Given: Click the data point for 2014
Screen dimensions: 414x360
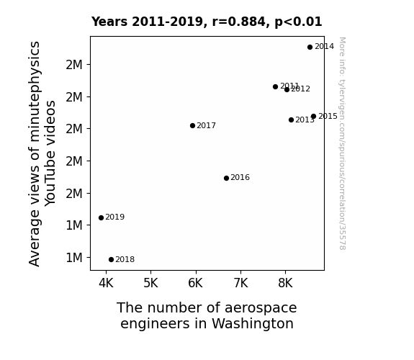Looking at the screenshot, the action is click(x=310, y=47).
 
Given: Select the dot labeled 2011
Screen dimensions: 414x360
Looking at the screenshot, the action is click(x=275, y=86).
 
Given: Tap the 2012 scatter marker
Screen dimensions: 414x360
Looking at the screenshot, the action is click(x=287, y=90).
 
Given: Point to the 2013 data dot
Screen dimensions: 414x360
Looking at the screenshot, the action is click(x=291, y=120).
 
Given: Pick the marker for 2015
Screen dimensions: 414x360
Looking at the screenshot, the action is click(x=313, y=116).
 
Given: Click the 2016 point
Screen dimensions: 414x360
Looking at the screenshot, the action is click(x=226, y=178).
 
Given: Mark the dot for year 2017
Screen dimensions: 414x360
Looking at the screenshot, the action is click(x=192, y=126).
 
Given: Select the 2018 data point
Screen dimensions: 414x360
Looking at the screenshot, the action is click(x=111, y=260).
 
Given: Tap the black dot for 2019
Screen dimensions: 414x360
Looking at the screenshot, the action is click(x=101, y=217).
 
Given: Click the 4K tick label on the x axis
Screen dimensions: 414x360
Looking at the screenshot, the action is click(x=106, y=283).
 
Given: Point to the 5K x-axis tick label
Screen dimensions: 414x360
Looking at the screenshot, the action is click(x=150, y=283).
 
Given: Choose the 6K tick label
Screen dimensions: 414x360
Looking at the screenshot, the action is click(x=195, y=283).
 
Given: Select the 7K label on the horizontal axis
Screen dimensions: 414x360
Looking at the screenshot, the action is click(x=240, y=283).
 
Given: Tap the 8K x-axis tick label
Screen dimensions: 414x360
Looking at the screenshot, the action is click(x=285, y=283).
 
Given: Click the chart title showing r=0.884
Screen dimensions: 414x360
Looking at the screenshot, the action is click(x=207, y=22).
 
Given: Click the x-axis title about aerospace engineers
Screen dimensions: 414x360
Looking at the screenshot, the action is click(x=207, y=315).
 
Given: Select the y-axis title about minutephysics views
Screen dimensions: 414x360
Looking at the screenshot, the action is click(x=42, y=153).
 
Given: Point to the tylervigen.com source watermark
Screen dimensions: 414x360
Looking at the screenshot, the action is click(x=342, y=143).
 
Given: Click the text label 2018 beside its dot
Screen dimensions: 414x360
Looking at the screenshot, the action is click(x=125, y=260).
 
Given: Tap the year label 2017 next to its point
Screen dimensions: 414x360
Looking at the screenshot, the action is click(x=206, y=126).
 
